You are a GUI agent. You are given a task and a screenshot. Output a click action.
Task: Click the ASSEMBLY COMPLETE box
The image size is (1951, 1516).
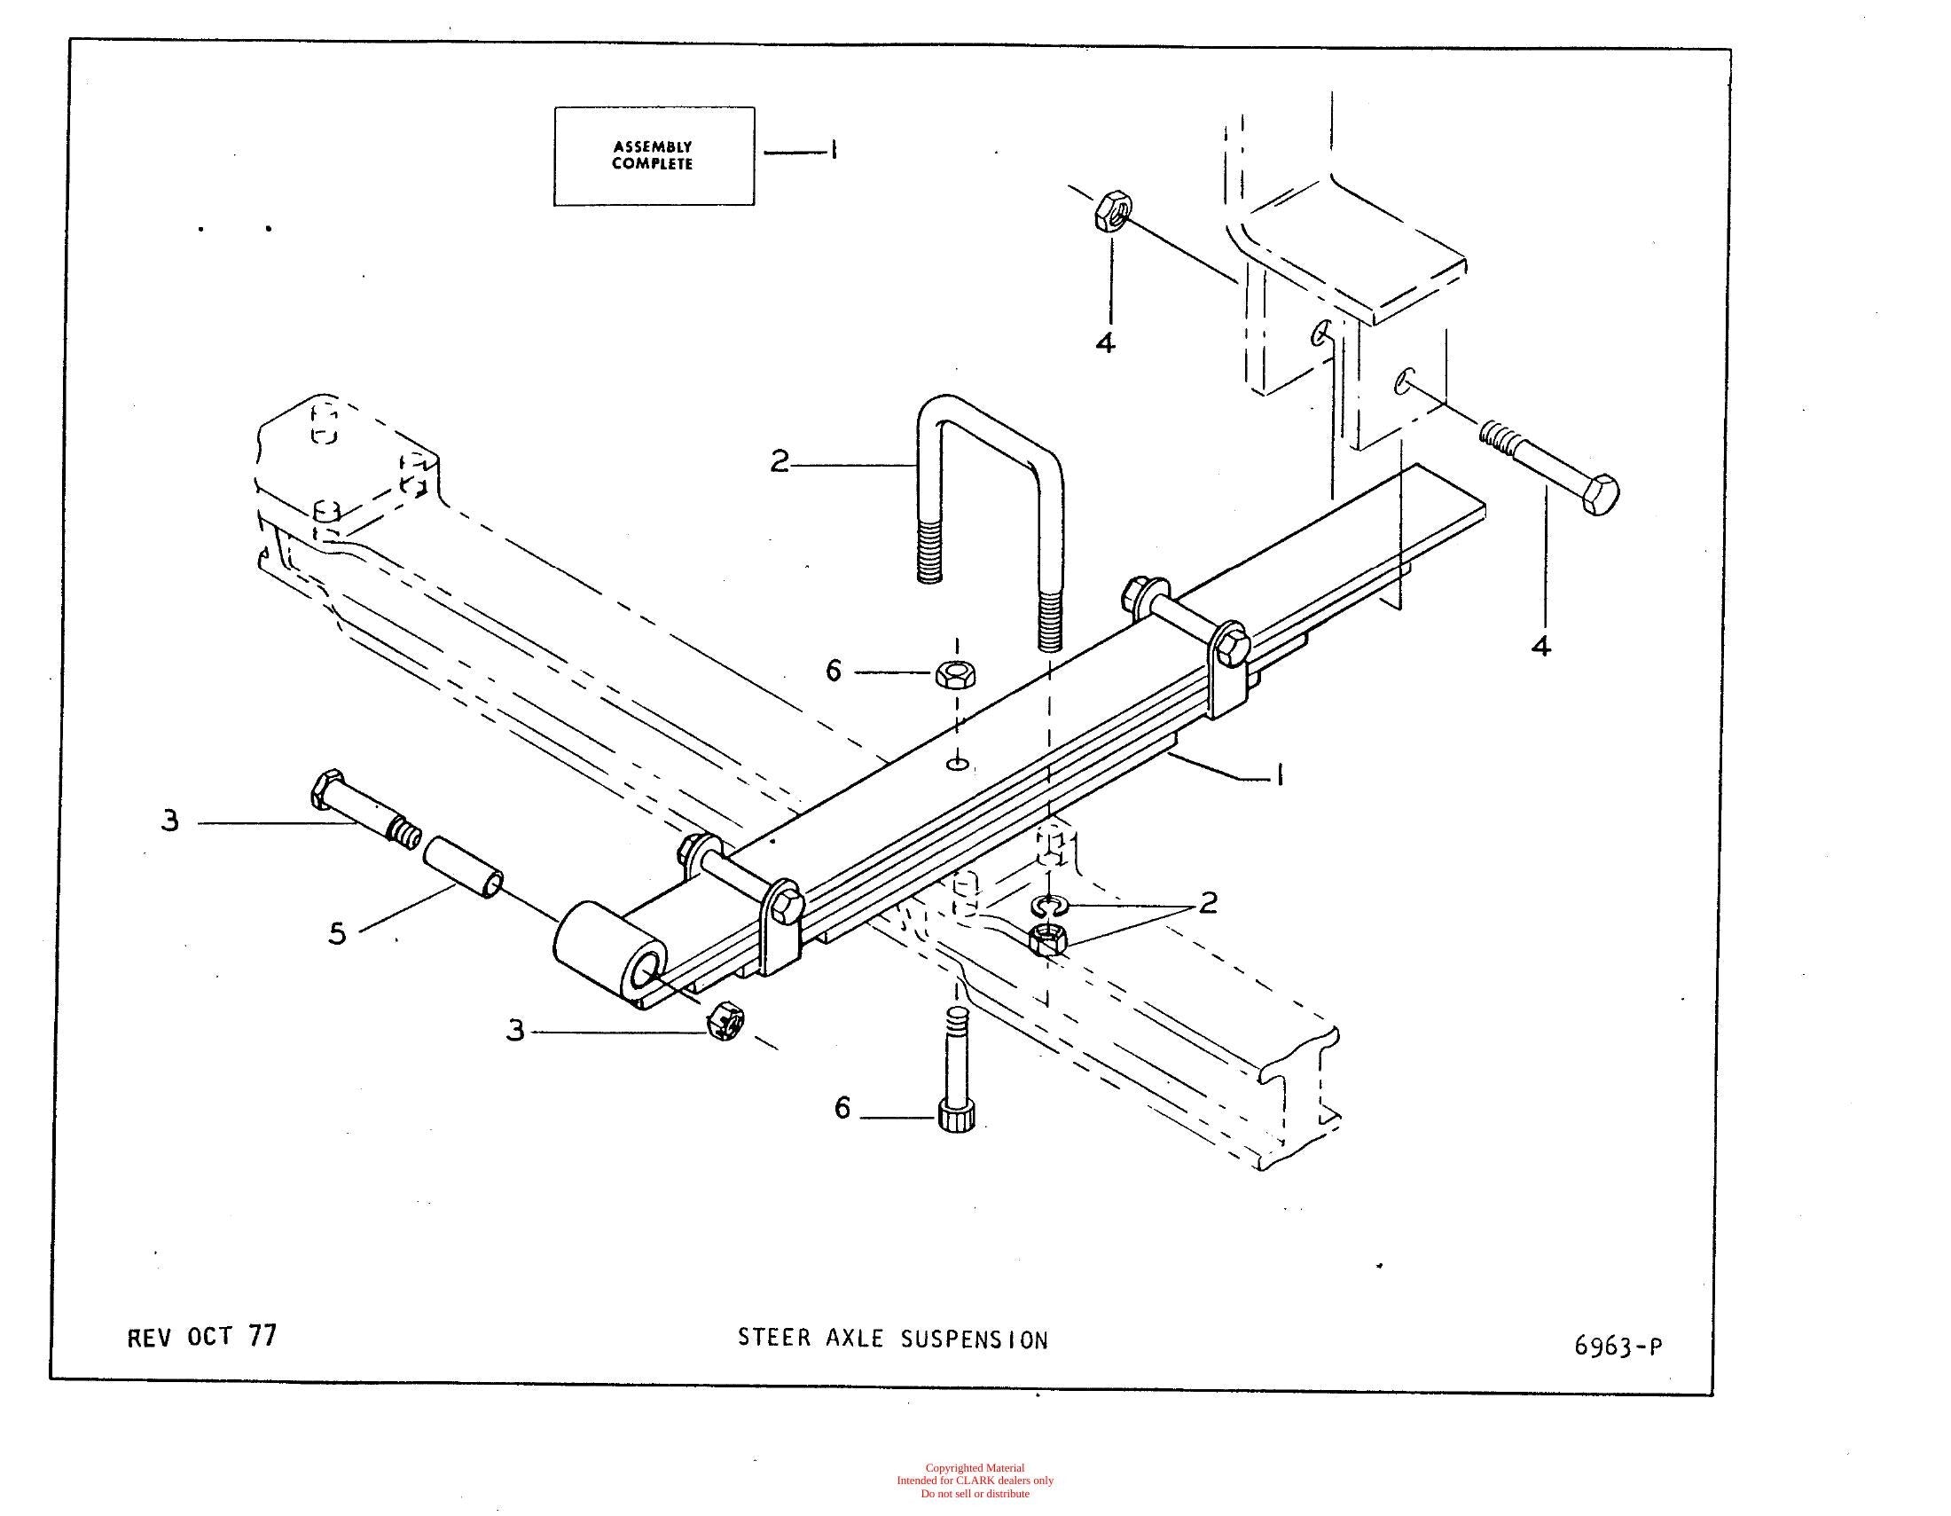coord(654,156)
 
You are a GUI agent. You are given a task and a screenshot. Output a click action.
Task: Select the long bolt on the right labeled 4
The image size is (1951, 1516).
coord(1549,468)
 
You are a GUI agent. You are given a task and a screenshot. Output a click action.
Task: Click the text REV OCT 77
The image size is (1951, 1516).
coord(202,1337)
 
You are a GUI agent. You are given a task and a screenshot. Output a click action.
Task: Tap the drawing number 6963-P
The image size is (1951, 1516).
coord(1618,1347)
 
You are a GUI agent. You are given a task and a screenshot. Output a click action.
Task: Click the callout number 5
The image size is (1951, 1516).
coord(337,934)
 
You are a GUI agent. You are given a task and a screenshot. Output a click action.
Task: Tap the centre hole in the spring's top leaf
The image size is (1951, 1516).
coord(958,764)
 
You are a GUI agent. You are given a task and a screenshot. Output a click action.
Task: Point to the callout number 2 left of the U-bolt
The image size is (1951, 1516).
coord(780,462)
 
